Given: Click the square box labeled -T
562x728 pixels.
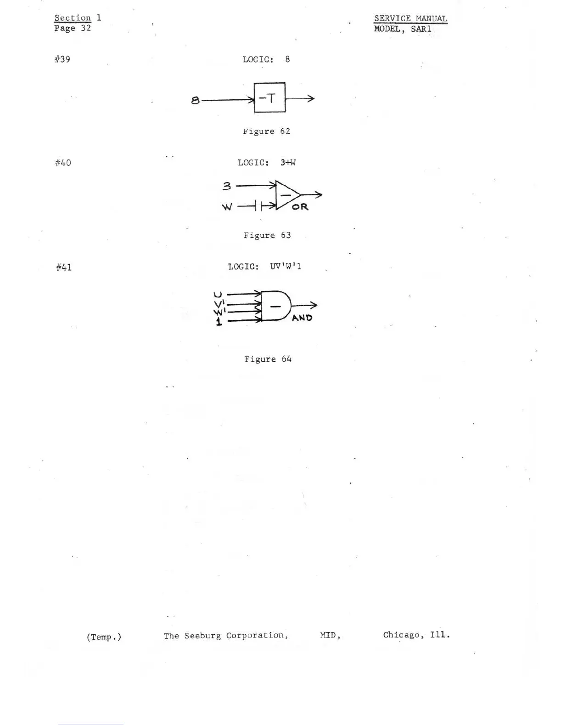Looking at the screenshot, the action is coord(270,97).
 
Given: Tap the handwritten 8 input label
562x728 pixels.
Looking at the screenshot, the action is coord(196,100).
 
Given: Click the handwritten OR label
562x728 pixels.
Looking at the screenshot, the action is coord(300,207).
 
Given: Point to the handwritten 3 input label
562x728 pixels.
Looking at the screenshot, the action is coord(227,186).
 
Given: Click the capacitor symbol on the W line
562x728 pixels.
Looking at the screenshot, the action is coord(258,206).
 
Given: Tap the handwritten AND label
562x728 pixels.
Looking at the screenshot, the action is coord(302,318).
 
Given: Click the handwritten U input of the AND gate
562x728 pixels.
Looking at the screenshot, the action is coord(218,294).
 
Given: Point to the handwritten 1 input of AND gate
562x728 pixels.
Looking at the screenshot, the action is coord(219,322).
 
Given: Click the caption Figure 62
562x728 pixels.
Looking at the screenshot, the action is coord(266,131).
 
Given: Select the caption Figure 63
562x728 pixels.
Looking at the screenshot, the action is coord(267,235).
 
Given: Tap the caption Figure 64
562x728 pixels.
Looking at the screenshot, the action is coord(268,359).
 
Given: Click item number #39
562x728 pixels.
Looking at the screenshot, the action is coord(62,59).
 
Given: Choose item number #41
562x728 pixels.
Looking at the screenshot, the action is coord(64,267).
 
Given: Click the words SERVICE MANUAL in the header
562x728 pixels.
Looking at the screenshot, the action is coord(410,18).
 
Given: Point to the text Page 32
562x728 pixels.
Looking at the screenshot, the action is coord(73,28).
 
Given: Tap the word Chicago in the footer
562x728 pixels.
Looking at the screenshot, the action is coord(403,635).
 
